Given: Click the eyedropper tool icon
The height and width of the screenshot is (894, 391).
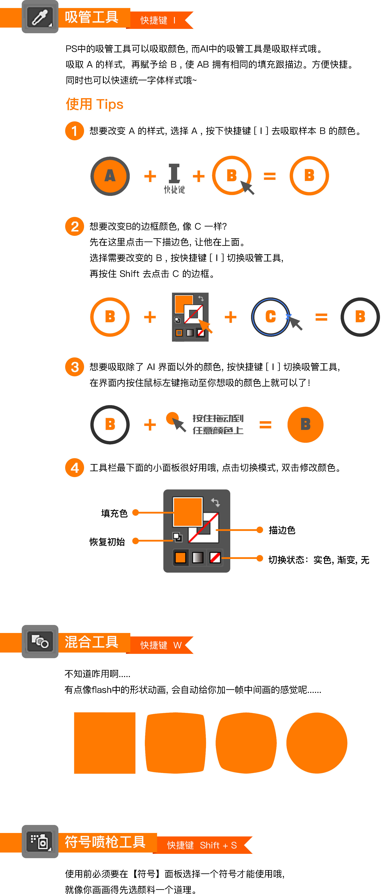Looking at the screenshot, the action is click(x=40, y=17).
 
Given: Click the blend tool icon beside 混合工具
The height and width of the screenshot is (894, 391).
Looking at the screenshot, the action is click(x=40, y=641).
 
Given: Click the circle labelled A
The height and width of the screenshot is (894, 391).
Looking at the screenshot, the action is click(x=110, y=176).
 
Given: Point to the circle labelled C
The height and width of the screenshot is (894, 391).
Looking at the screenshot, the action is click(x=270, y=317).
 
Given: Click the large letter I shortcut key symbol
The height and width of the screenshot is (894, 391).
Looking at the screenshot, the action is click(x=174, y=174).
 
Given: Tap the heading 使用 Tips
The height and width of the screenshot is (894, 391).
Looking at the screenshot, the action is click(x=94, y=104).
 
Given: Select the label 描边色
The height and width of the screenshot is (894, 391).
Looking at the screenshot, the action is click(x=282, y=530).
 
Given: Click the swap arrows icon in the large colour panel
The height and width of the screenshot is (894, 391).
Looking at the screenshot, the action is click(x=215, y=502).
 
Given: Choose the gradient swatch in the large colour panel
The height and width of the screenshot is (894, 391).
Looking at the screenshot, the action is click(x=198, y=558).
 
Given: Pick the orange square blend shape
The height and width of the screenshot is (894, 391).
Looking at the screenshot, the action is click(x=104, y=743).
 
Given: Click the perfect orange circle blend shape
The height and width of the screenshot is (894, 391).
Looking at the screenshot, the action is click(x=317, y=743).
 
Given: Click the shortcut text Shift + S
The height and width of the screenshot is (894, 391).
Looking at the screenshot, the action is click(x=219, y=845).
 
